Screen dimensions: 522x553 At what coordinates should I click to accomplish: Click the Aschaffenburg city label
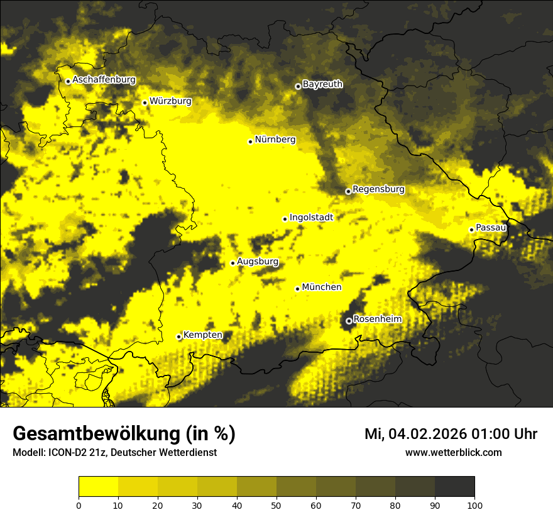(104, 80)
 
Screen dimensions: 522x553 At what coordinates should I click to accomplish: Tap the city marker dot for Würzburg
(145, 103)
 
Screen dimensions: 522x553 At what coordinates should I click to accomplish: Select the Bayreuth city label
(322, 84)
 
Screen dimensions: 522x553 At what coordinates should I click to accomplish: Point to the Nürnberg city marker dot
(250, 142)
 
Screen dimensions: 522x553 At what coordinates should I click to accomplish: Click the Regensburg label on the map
(378, 189)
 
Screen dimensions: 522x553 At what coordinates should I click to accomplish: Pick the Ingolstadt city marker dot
(285, 219)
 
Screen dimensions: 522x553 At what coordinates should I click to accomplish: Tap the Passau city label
(491, 228)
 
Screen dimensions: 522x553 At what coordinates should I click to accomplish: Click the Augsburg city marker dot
(233, 263)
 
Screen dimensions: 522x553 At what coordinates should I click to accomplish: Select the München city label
(322, 287)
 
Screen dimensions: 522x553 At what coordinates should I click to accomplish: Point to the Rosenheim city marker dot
(349, 321)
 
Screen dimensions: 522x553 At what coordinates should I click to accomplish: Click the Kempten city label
(202, 335)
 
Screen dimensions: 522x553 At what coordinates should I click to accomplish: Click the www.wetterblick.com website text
(453, 453)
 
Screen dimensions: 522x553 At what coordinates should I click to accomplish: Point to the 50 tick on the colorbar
(276, 504)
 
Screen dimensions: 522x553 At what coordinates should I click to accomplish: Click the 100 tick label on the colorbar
(474, 504)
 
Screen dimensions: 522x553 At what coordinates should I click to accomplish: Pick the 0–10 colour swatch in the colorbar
(98, 486)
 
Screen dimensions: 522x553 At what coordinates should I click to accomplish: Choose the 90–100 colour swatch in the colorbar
(454, 486)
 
